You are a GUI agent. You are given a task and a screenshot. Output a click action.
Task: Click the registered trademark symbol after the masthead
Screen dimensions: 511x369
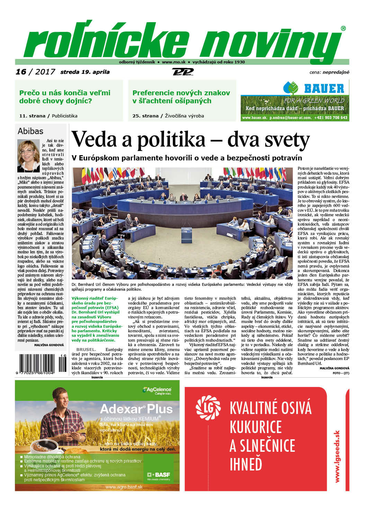point(343,28)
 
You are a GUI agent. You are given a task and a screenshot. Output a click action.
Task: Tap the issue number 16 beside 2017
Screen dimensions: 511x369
point(21,72)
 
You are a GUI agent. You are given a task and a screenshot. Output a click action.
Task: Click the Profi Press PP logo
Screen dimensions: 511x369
point(182,72)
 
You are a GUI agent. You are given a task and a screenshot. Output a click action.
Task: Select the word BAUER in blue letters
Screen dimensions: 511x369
point(324,89)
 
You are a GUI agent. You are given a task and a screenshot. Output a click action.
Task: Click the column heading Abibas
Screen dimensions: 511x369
point(30,131)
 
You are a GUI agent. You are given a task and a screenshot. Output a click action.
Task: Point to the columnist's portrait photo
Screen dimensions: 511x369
point(28,156)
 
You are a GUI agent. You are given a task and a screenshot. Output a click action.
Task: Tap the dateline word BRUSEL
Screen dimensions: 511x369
point(86,350)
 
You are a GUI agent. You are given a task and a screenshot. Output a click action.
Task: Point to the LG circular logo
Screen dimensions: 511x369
point(208,408)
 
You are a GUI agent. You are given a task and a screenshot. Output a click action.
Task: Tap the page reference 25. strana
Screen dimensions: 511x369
point(145,116)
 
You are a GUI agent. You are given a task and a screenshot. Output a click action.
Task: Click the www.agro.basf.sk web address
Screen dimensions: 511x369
point(124,487)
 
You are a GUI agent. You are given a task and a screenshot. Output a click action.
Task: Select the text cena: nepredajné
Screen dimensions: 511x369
point(329,72)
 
